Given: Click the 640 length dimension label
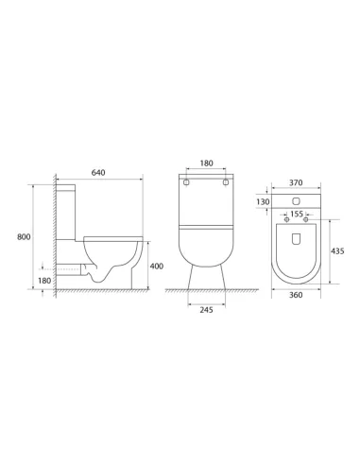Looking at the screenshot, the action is coord(98,173).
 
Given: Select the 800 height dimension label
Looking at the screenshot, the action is coord(24,236).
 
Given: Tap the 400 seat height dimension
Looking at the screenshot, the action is coord(157,267).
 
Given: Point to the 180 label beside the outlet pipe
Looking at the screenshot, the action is coord(44,281).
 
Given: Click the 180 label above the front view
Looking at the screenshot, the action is coord(206,164).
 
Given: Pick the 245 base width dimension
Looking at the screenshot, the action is coord(206,310).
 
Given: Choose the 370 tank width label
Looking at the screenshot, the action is coord(296,182).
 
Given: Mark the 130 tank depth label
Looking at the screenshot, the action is coord(263,201).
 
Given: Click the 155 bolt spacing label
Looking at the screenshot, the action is coord(297,214).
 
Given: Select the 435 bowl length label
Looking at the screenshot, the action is coord(337,251).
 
